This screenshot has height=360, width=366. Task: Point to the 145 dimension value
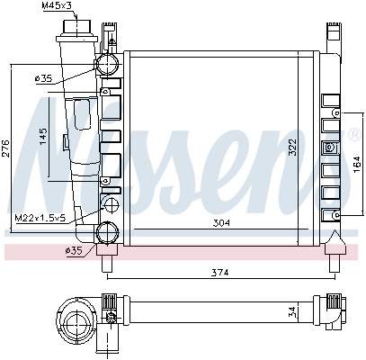coord(42,136)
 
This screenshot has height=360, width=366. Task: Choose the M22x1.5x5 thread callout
coord(40,218)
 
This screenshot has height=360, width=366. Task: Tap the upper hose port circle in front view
coord(108,64)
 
